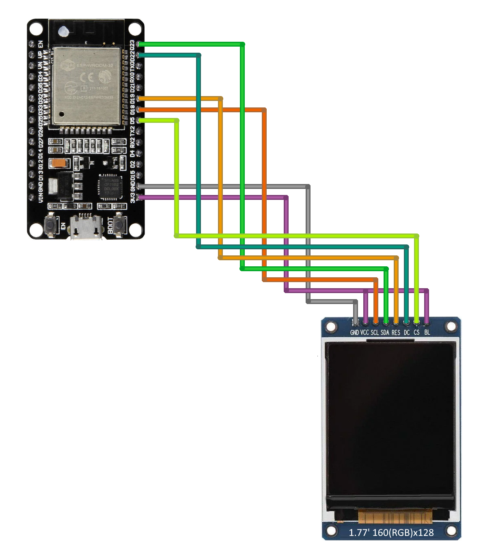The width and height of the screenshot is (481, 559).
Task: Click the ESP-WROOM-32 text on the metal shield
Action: pos(94,65)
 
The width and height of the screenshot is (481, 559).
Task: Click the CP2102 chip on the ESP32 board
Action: pos(110,187)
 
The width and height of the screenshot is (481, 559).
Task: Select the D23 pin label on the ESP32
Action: pos(132,45)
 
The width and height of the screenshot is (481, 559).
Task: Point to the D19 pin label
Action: pos(132,99)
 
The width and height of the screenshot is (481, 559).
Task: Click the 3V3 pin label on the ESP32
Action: pos(132,197)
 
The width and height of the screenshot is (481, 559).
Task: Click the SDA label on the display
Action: pos(385,333)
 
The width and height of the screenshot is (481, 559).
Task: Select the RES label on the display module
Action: pos(396,333)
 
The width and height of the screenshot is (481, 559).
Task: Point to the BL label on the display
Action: pos(427,332)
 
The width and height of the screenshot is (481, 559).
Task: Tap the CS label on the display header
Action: pos(416,332)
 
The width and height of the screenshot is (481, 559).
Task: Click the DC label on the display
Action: pos(406,333)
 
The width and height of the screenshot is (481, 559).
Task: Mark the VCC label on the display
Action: pos(365,332)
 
